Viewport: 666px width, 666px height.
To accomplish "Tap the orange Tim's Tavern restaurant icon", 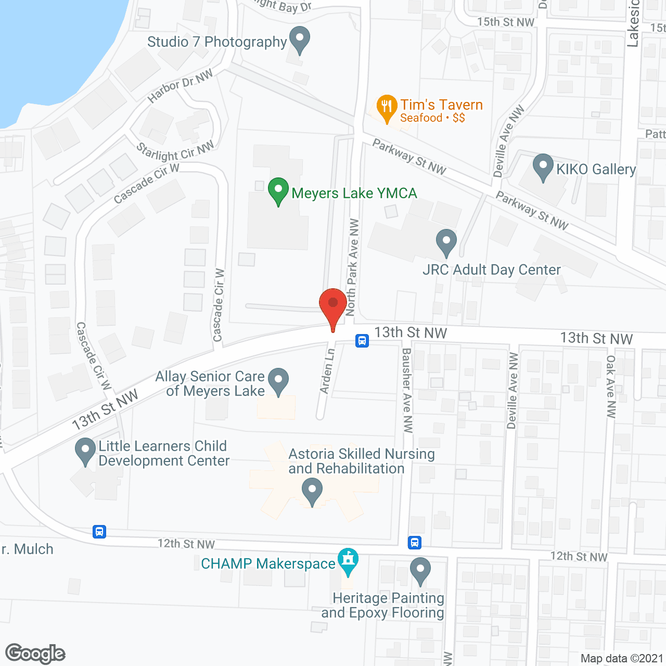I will [386, 108].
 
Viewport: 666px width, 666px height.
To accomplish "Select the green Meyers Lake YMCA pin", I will [278, 191].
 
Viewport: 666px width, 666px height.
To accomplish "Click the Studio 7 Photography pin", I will [299, 40].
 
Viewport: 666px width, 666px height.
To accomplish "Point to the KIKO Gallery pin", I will [543, 167].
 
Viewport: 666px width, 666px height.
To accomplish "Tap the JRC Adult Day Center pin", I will [446, 242].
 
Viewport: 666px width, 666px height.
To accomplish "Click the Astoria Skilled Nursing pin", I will [312, 492].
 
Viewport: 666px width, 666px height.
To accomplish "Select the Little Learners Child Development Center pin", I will [85, 452].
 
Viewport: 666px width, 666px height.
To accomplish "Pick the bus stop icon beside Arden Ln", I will [362, 341].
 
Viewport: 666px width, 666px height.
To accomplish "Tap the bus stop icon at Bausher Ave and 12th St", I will [414, 542].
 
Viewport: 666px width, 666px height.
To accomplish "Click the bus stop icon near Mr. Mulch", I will [99, 532].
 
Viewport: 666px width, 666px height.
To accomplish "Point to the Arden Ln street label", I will [327, 371].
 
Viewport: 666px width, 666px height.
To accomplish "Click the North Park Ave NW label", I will [352, 267].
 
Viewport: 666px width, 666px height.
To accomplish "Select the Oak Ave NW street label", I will [611, 386].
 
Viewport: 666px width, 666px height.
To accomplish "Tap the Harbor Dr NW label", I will [180, 86].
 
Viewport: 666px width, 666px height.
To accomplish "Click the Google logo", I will [35, 654].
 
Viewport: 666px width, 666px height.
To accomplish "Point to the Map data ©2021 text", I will [622, 658].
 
